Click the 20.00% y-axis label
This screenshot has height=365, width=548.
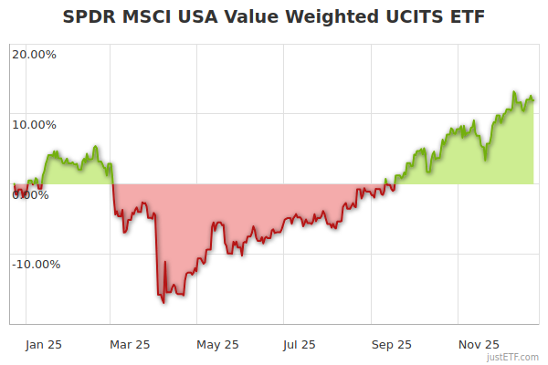click(34, 54)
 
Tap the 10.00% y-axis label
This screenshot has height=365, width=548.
click(34, 125)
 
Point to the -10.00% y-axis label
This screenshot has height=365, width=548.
click(36, 265)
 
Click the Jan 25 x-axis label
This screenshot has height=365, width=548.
click(45, 344)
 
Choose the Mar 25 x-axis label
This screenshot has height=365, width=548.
click(130, 344)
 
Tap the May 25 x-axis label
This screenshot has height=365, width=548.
click(217, 344)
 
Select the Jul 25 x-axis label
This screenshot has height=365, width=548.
click(301, 344)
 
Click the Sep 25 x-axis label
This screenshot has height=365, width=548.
click(391, 344)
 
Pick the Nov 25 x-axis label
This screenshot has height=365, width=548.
click(478, 344)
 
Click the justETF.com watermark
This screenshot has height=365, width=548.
click(514, 357)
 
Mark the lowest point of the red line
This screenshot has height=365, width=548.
click(163, 302)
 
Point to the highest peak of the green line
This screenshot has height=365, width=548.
click(514, 93)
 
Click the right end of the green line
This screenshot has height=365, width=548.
click(533, 99)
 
